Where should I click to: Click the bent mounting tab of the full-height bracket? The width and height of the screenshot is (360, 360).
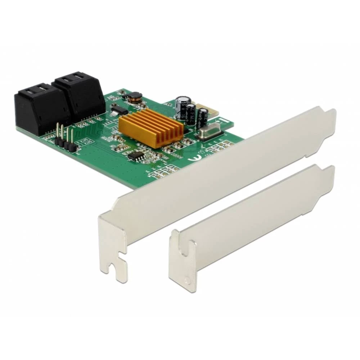click(113, 248)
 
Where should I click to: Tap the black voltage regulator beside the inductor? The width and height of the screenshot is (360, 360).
click(119, 109)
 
